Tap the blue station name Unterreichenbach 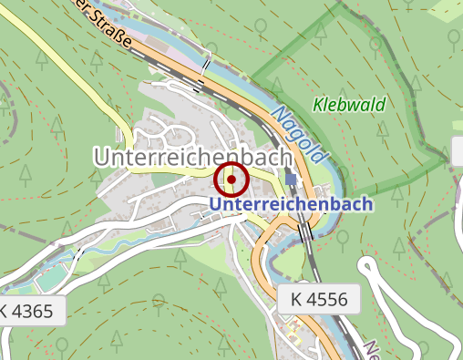tap(291, 204)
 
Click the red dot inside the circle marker tap(231, 180)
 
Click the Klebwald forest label tap(349, 105)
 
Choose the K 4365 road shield tap(32, 310)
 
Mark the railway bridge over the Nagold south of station tap(308, 232)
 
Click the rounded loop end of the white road tap(367, 265)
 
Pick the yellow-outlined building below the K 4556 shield tap(293, 329)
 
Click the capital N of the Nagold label tap(277, 112)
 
